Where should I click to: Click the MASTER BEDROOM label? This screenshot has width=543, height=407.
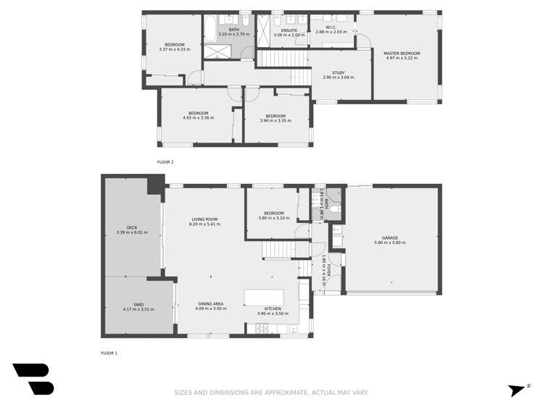pos(402,53)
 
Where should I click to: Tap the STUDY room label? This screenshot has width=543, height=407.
pos(338,72)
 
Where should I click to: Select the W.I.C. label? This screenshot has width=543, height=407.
pos(331,28)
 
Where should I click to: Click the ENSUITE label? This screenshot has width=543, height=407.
pos(289,30)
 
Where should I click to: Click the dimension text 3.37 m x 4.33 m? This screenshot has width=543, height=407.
pos(174,49)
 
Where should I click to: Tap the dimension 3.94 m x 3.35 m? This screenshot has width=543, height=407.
pos(275,120)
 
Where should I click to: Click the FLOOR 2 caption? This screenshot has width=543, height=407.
pos(165,162)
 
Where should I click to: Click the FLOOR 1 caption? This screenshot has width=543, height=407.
pos(109,353)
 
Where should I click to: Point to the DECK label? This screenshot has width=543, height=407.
pos(131,228)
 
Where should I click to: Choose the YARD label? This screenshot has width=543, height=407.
pos(138,305)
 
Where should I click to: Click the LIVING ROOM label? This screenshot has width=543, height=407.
pos(204,219)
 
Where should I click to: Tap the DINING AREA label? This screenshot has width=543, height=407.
pos(210,304)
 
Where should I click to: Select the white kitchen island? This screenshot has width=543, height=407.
pos(263,298)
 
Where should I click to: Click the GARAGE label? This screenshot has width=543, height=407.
pos(390,238)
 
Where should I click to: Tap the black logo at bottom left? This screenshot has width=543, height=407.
pos(33,379)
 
